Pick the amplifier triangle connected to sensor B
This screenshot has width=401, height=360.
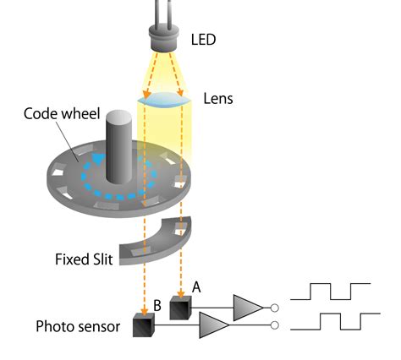pyautogui.click(x=214, y=325)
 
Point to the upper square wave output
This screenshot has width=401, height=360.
pyautogui.click(x=329, y=293)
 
